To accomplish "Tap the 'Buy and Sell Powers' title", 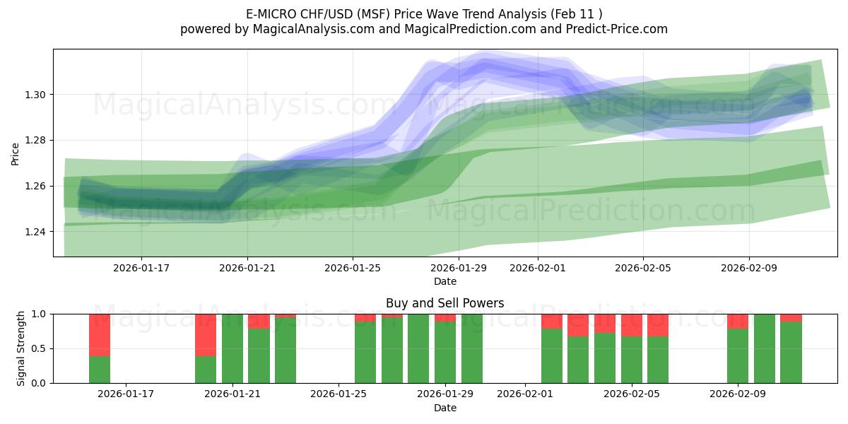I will point(444,303).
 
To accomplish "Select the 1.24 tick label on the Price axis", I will point(36,232).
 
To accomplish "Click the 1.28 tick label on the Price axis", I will point(36,141).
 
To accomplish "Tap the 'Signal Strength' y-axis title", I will point(21,348).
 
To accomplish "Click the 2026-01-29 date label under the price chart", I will point(459,269).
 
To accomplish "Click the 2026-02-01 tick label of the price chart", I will point(538,269).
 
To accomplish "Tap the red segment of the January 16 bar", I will point(100,335).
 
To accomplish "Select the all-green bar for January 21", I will point(232,348).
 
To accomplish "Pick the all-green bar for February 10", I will point(765,348).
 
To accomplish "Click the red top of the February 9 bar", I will point(738,322).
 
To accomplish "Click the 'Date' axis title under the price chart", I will point(444,281).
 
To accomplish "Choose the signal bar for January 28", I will point(418,348).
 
